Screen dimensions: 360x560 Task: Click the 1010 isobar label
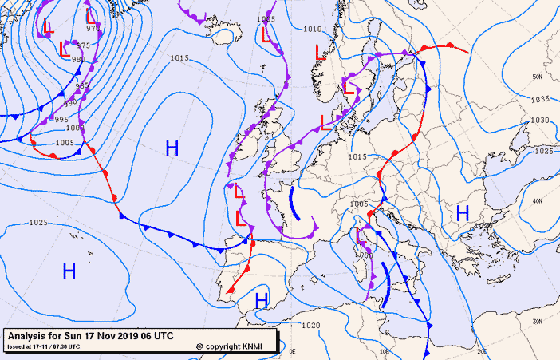(314, 29)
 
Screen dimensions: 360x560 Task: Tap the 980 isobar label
(78, 59)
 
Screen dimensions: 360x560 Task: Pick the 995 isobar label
(61, 119)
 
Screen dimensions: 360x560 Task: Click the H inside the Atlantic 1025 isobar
(69, 271)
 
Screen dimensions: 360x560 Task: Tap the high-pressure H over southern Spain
(261, 299)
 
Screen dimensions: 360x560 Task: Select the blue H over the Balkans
(462, 212)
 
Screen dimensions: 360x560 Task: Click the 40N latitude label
(538, 200)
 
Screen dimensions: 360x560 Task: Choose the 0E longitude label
(293, 350)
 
